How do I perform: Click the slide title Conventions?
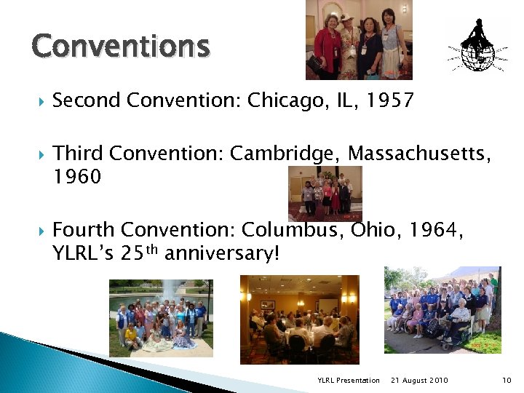[x=121, y=47]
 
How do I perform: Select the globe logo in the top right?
[x=480, y=46]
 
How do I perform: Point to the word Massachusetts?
[x=418, y=154]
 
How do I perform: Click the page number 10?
[x=507, y=381]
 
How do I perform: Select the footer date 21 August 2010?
[x=419, y=381]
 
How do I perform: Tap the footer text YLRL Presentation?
[x=349, y=381]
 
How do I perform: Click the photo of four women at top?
[x=359, y=39]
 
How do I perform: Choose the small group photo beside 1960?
[x=325, y=194]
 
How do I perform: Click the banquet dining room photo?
[x=299, y=319]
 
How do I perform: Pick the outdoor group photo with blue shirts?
[x=442, y=309]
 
